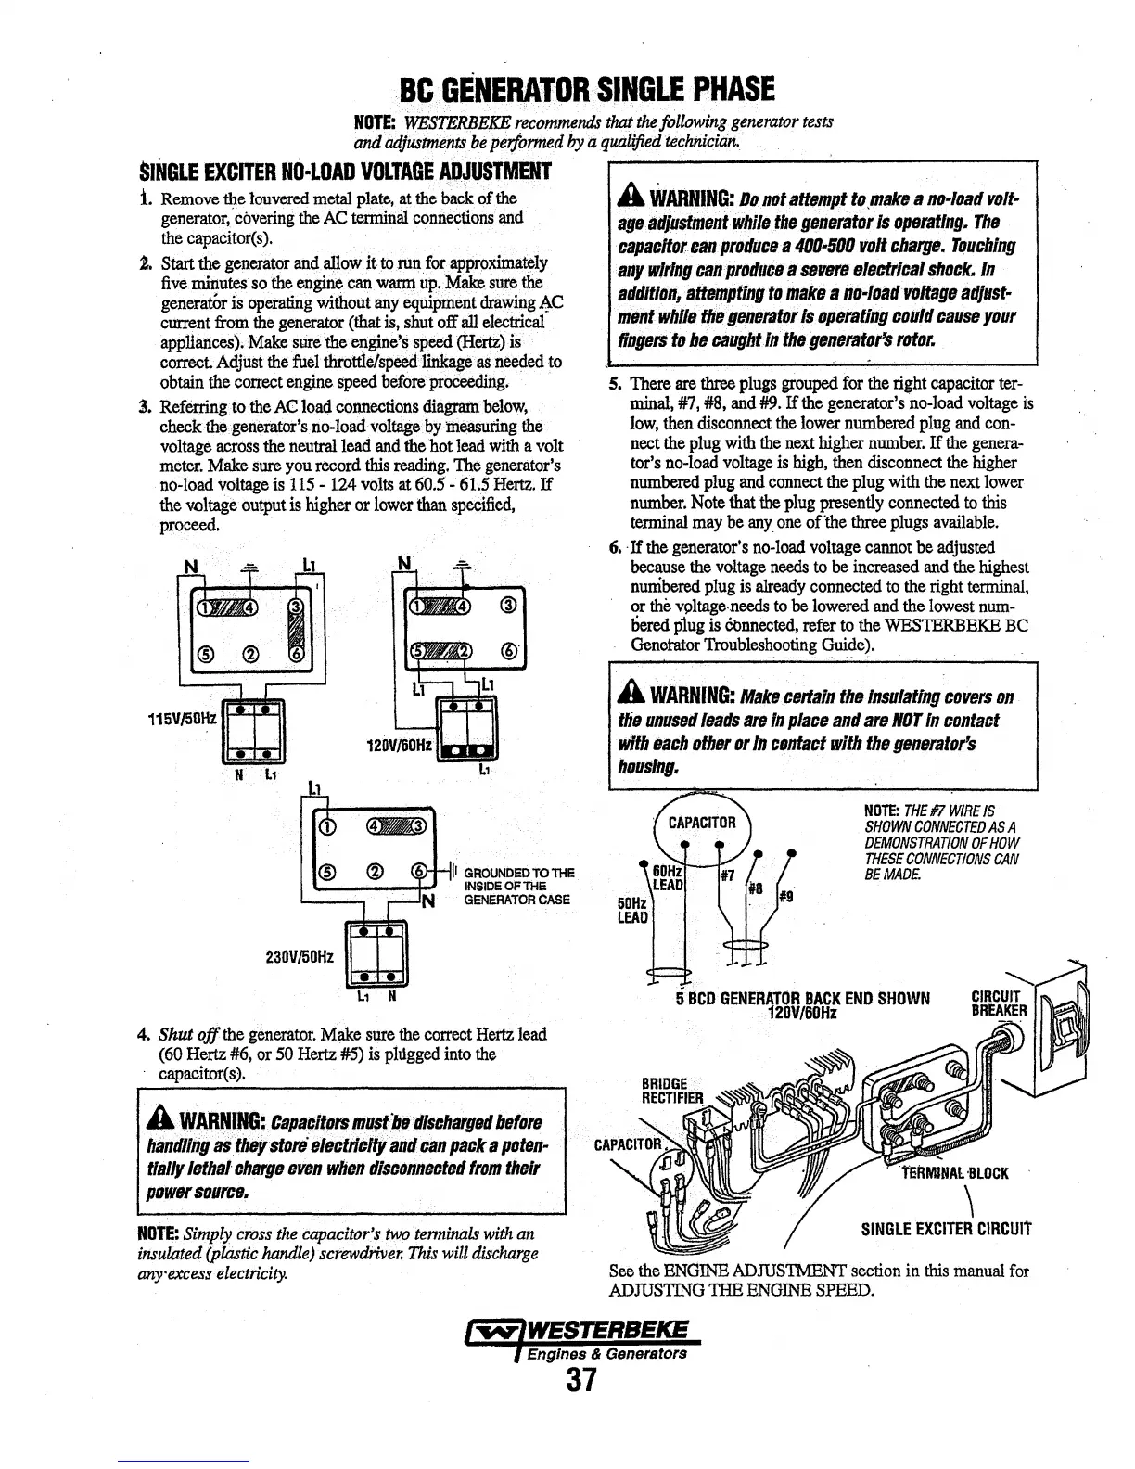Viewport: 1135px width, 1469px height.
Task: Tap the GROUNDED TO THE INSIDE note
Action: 518,886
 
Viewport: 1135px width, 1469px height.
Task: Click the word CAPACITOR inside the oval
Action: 702,822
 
